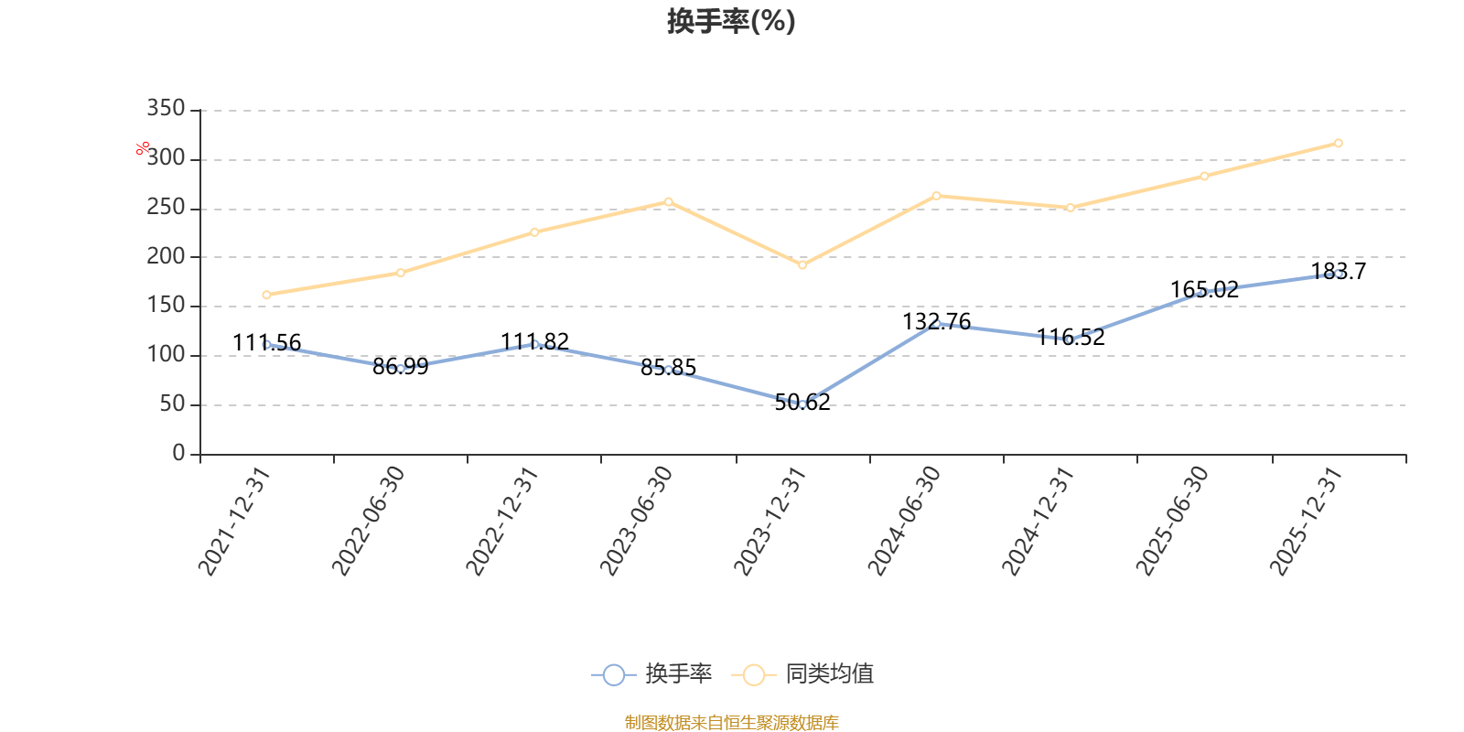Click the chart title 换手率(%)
coord(731,21)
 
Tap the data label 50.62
coord(802,403)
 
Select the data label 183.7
coord(1339,271)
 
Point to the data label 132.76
coord(937,321)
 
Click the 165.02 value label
coord(1204,289)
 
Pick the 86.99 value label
coord(401,367)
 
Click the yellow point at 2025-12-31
coord(1339,143)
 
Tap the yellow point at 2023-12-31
coord(802,264)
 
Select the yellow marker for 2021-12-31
coord(266,295)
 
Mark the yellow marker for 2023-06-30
coord(669,202)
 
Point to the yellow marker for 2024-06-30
coord(937,196)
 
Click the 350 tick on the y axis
coord(166,109)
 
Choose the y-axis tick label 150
coord(166,306)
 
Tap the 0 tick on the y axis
coord(178,453)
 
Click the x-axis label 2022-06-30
coord(369,521)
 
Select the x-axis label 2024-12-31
coord(1038,521)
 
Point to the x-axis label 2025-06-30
coord(1172,521)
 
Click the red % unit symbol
coord(143,148)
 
